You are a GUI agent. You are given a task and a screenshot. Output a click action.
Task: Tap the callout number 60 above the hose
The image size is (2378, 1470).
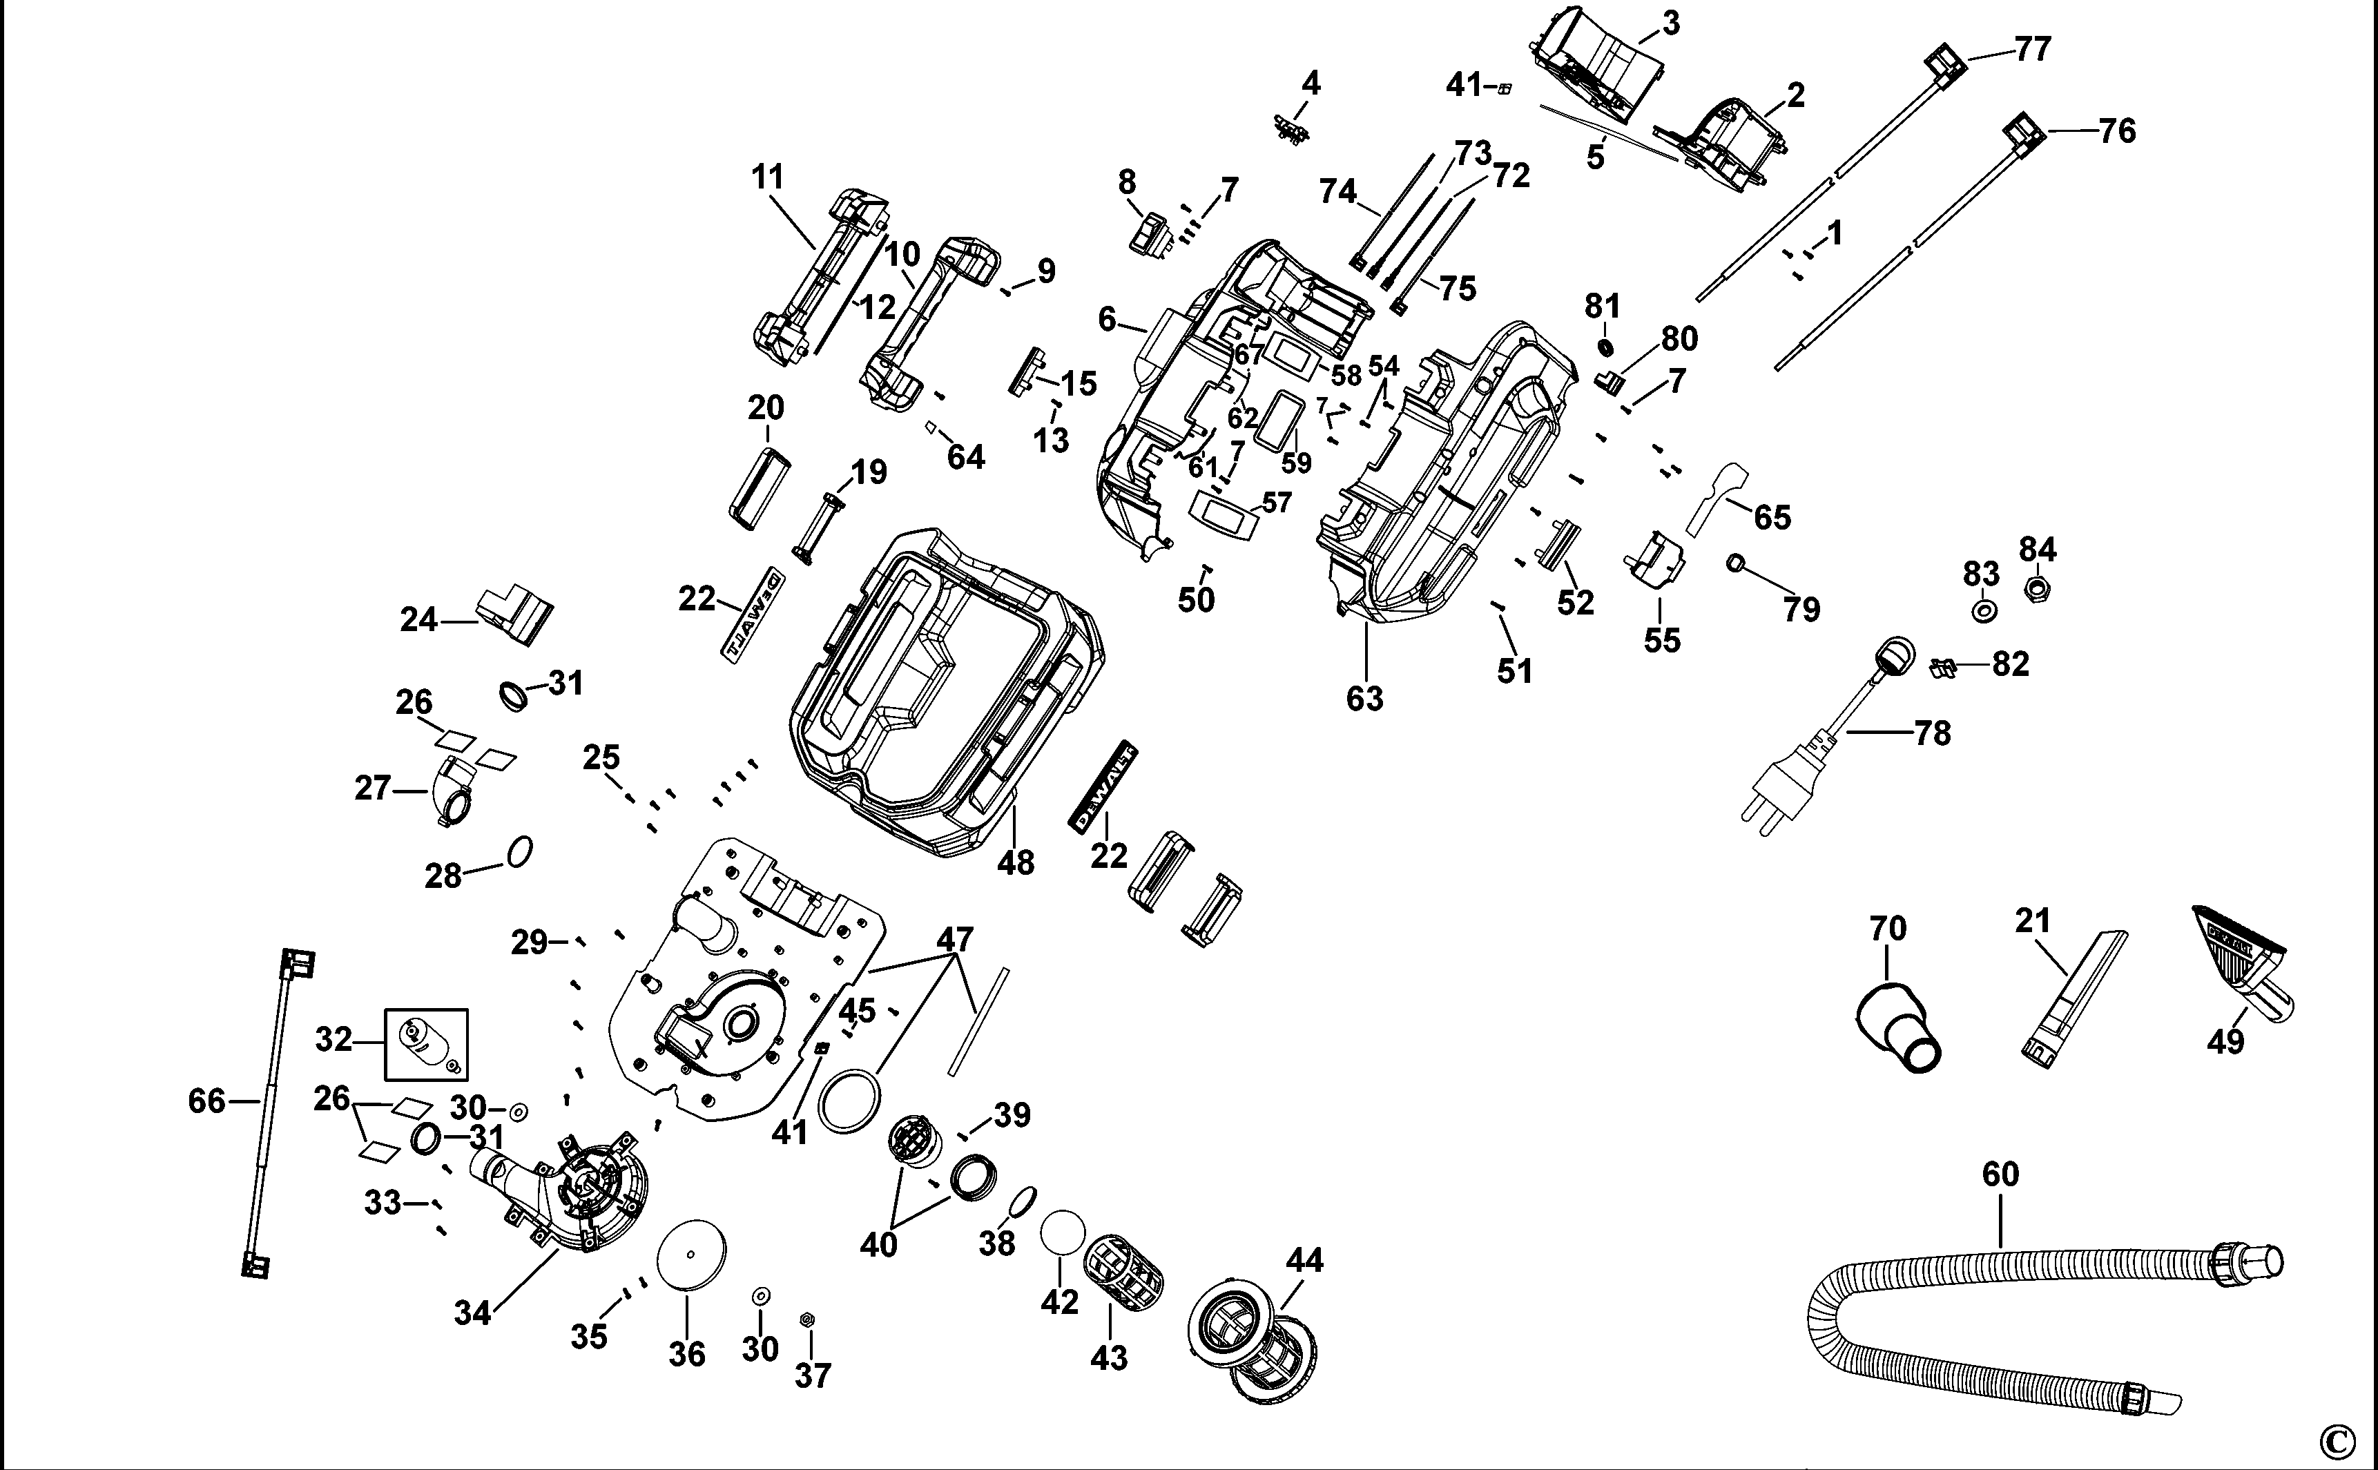click(x=2001, y=1174)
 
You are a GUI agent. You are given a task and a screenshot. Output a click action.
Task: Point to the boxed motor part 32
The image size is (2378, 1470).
click(x=426, y=1044)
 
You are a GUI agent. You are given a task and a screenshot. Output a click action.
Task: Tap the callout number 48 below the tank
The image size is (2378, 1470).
click(x=1016, y=862)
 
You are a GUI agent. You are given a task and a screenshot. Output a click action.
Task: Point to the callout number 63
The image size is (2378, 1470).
click(x=1364, y=698)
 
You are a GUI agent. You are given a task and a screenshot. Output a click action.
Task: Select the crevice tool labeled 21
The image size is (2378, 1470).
click(x=2073, y=1001)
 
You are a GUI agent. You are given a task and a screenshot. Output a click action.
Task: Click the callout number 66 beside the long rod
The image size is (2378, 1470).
click(x=206, y=1101)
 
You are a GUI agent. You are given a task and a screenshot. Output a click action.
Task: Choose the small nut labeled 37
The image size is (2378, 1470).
click(x=806, y=1319)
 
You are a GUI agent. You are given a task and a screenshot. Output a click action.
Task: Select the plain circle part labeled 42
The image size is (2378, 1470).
click(x=1062, y=1232)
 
